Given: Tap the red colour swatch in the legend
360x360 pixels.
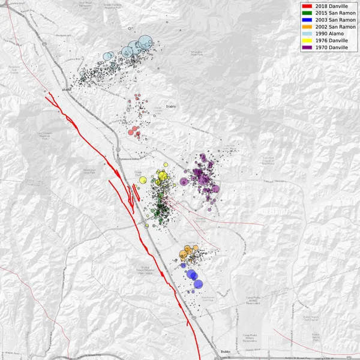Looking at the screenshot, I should click(x=308, y=6).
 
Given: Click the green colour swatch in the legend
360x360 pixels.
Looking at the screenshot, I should click(x=308, y=13).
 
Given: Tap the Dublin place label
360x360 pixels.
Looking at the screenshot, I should click(x=226, y=352).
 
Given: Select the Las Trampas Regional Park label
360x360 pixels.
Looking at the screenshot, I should click(x=44, y=134).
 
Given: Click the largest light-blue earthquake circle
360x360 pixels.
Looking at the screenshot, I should click(x=145, y=43).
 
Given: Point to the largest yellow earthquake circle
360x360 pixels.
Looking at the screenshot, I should click(x=162, y=175).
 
